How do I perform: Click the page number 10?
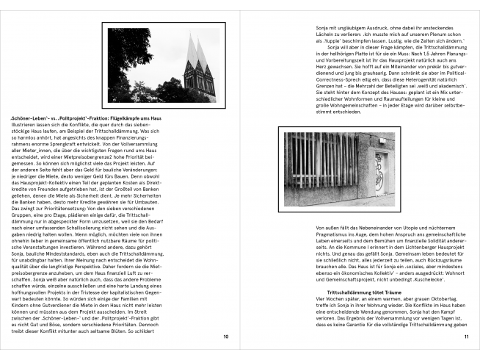225,336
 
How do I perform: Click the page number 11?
465,336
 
